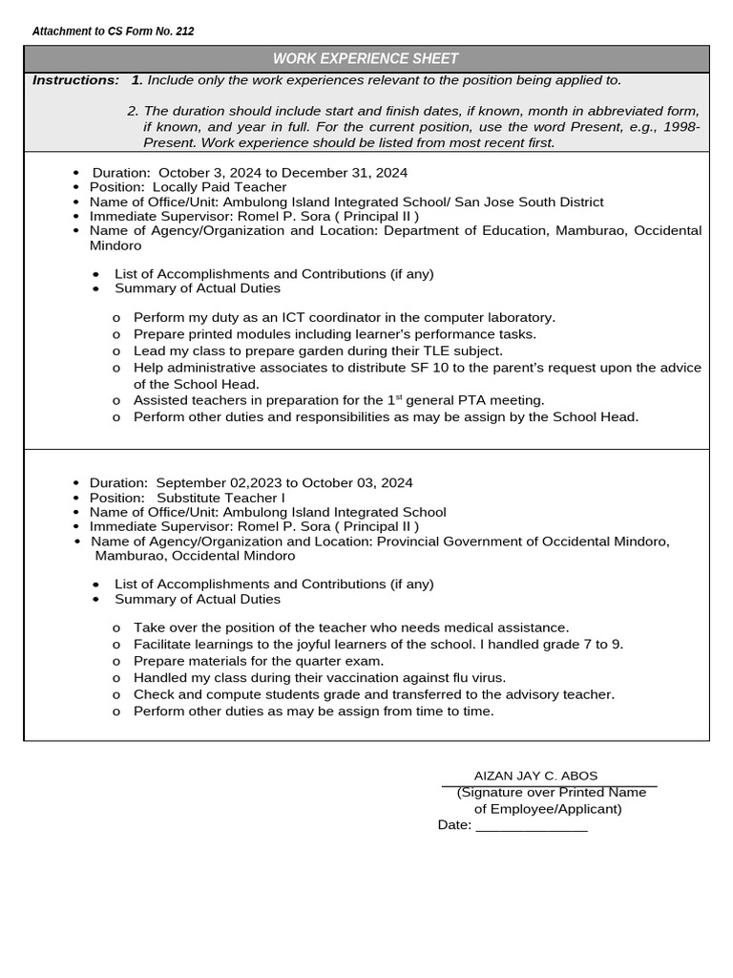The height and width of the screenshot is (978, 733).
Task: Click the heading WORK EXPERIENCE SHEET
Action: (366, 59)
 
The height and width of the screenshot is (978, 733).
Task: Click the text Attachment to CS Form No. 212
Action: (113, 32)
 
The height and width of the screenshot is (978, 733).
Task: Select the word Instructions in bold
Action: (75, 80)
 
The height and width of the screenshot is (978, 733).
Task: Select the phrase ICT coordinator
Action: (322, 317)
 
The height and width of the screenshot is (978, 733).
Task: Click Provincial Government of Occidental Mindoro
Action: (523, 542)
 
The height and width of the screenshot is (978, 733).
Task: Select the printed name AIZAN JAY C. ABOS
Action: (535, 776)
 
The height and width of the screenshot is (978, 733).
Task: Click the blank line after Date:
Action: (531, 826)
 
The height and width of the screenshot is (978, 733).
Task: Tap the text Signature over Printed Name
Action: (552, 793)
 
